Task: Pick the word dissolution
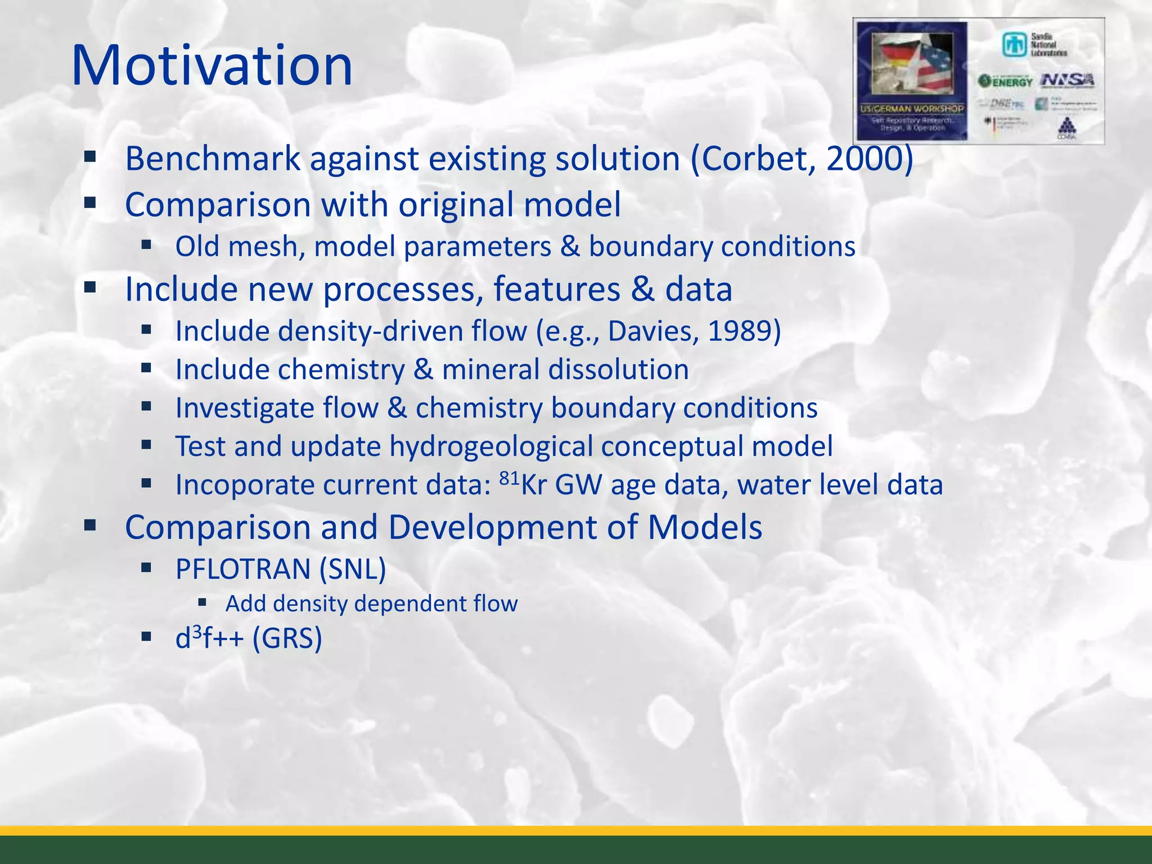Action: coord(618,370)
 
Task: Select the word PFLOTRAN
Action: coord(242,569)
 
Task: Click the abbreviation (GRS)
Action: coord(287,638)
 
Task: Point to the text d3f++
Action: coord(209,638)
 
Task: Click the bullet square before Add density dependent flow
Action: coord(203,603)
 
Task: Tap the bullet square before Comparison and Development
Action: coord(90,526)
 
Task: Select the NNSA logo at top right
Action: coord(1068,80)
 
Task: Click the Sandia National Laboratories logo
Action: coord(1034,44)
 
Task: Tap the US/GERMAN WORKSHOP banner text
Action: coord(911,108)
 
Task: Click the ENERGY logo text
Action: coord(1006,82)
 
